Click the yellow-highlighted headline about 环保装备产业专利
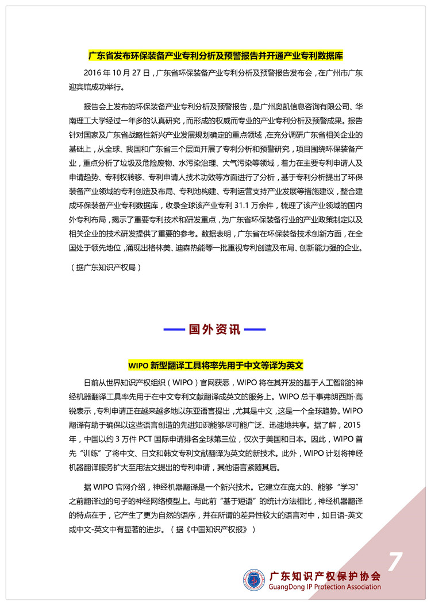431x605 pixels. click(x=215, y=57)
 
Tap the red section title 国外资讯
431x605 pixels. click(x=215, y=330)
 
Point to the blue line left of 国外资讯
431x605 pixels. click(x=174, y=330)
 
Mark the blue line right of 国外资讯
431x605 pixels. click(x=255, y=330)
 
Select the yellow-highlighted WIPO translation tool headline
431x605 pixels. click(x=215, y=365)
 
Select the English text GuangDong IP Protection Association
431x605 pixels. click(x=325, y=587)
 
